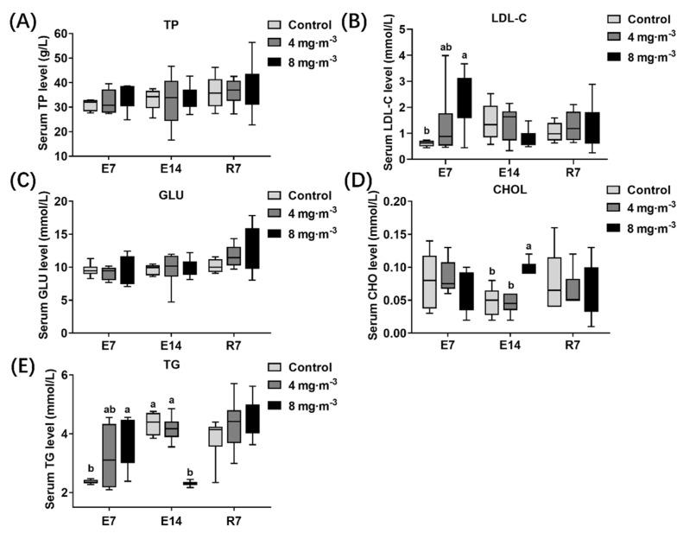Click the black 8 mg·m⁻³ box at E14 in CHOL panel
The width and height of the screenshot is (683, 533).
528,269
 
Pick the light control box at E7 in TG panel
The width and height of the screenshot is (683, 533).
89,481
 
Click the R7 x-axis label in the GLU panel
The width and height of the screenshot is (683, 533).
230,348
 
